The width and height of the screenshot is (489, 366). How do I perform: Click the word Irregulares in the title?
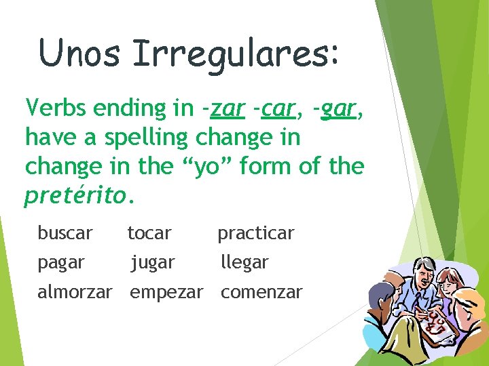(234, 53)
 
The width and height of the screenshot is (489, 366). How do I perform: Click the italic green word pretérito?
(75, 196)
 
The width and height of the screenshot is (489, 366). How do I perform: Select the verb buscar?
(65, 233)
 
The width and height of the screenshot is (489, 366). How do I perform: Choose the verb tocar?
(149, 233)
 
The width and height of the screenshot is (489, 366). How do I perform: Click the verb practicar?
(255, 233)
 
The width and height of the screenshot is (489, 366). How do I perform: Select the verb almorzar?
(75, 293)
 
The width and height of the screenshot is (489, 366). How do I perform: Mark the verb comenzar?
(261, 293)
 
